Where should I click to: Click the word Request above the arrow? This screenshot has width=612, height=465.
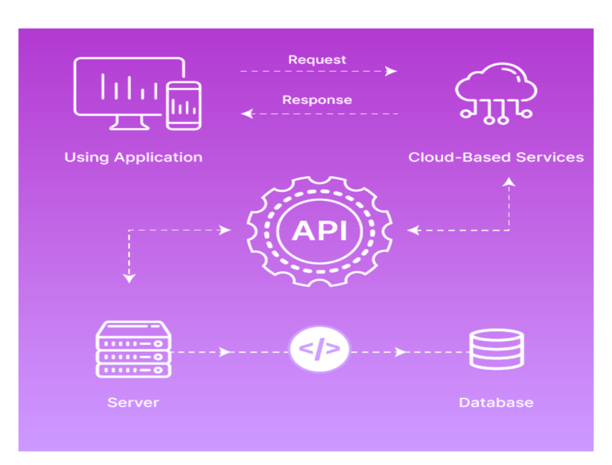[x=317, y=60]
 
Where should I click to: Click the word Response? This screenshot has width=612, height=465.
[x=317, y=100]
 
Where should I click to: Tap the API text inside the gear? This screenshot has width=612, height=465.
[x=319, y=230]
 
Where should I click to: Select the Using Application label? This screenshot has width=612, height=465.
[x=133, y=157]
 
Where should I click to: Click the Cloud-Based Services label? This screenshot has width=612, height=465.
[x=496, y=157]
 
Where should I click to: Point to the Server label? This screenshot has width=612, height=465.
[x=133, y=402]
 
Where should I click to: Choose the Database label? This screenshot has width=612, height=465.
[x=496, y=402]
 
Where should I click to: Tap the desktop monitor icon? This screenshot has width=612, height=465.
[x=123, y=90]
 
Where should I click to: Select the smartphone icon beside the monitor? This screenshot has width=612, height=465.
[x=183, y=105]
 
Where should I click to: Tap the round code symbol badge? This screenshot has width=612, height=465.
[x=320, y=350]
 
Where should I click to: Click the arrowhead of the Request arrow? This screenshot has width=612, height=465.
[x=392, y=71]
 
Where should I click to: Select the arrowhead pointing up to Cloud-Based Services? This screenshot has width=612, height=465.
[x=509, y=183]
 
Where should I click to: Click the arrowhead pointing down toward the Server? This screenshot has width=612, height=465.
[x=130, y=278]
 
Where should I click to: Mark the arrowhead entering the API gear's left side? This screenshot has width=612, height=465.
[x=225, y=230]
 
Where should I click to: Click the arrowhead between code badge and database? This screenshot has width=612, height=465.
[x=402, y=352]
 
